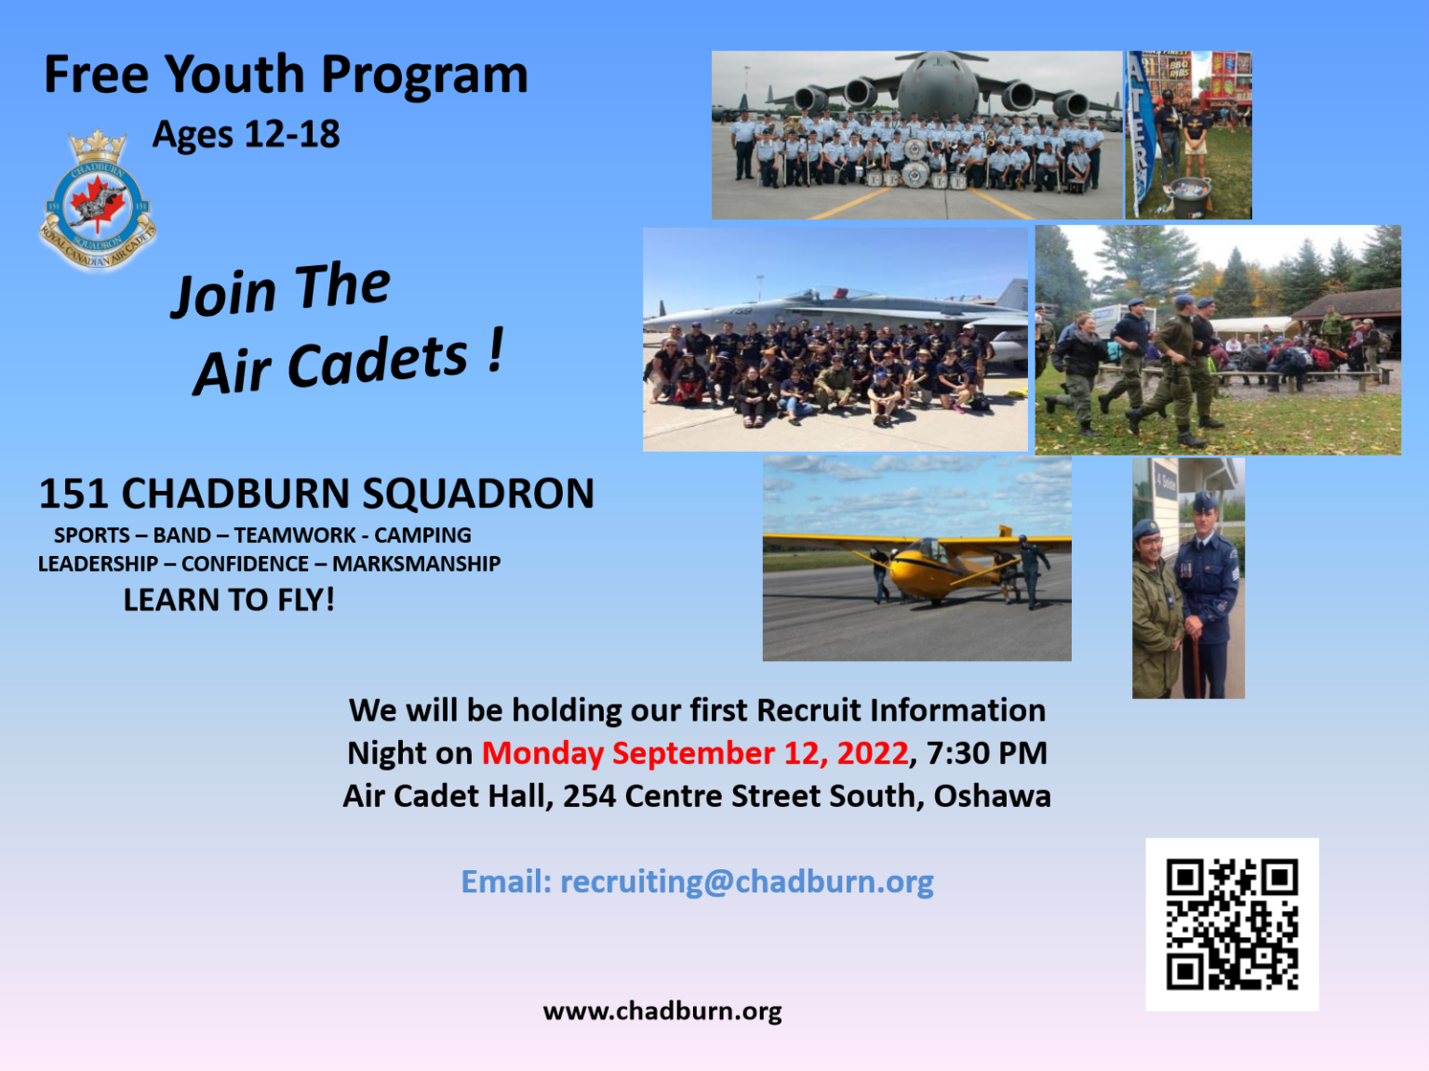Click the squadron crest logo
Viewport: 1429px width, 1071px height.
click(98, 201)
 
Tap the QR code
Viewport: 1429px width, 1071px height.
click(1232, 924)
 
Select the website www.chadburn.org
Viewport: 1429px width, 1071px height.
click(662, 1011)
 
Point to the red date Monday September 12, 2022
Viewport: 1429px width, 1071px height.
click(695, 753)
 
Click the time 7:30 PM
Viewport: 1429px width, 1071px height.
click(987, 753)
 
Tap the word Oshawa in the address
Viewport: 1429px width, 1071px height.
click(992, 797)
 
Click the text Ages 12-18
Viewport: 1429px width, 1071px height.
click(247, 135)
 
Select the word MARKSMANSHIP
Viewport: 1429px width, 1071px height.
click(416, 564)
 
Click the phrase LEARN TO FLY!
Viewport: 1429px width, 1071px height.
click(229, 601)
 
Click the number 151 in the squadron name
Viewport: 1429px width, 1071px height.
click(73, 495)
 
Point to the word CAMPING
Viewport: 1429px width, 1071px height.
click(422, 535)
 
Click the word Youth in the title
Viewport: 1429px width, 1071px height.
click(235, 75)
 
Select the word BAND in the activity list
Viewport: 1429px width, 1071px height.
click(181, 535)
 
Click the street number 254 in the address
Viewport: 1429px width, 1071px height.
click(589, 797)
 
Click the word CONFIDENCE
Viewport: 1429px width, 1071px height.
click(245, 564)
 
